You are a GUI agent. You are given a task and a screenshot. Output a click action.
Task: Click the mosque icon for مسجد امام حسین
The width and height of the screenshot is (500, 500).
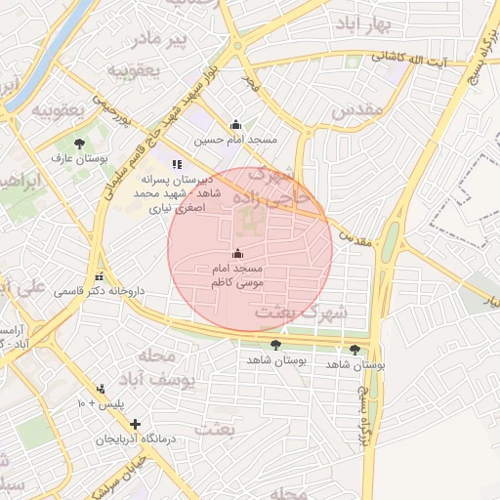point(235,125)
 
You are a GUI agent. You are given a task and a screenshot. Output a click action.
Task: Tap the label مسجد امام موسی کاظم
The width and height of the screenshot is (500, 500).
point(238,274)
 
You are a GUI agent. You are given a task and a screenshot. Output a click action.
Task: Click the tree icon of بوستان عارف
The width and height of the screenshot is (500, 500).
point(80,144)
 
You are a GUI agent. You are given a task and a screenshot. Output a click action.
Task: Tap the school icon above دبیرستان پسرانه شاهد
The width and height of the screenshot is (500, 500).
point(177,165)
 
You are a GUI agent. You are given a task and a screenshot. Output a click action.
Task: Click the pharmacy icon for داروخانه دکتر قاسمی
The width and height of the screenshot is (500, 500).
point(99,276)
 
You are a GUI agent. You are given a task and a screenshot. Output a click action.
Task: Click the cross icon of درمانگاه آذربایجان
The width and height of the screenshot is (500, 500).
point(135,424)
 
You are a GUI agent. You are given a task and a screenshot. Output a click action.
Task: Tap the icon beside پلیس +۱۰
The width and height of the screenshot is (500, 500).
point(101,389)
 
